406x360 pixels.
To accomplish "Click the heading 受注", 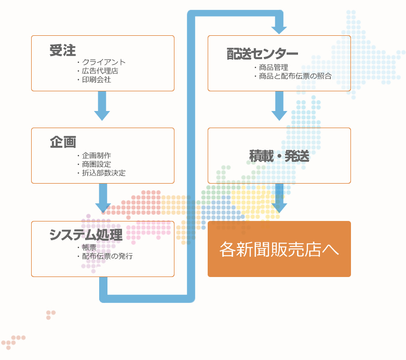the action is point(63,50).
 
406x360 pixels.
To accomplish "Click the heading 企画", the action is point(63,142).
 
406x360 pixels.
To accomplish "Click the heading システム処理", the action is point(86,234).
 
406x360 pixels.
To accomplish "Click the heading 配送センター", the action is point(262,54).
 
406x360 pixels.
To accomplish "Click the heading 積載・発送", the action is point(279,156).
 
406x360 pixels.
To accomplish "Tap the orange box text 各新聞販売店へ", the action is point(279,250).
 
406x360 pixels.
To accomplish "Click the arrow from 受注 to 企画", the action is point(102,106).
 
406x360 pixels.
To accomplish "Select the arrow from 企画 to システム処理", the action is point(103,198).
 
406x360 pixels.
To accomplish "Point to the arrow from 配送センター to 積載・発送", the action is point(279,106).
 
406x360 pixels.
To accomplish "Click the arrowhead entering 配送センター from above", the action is point(279,30).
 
